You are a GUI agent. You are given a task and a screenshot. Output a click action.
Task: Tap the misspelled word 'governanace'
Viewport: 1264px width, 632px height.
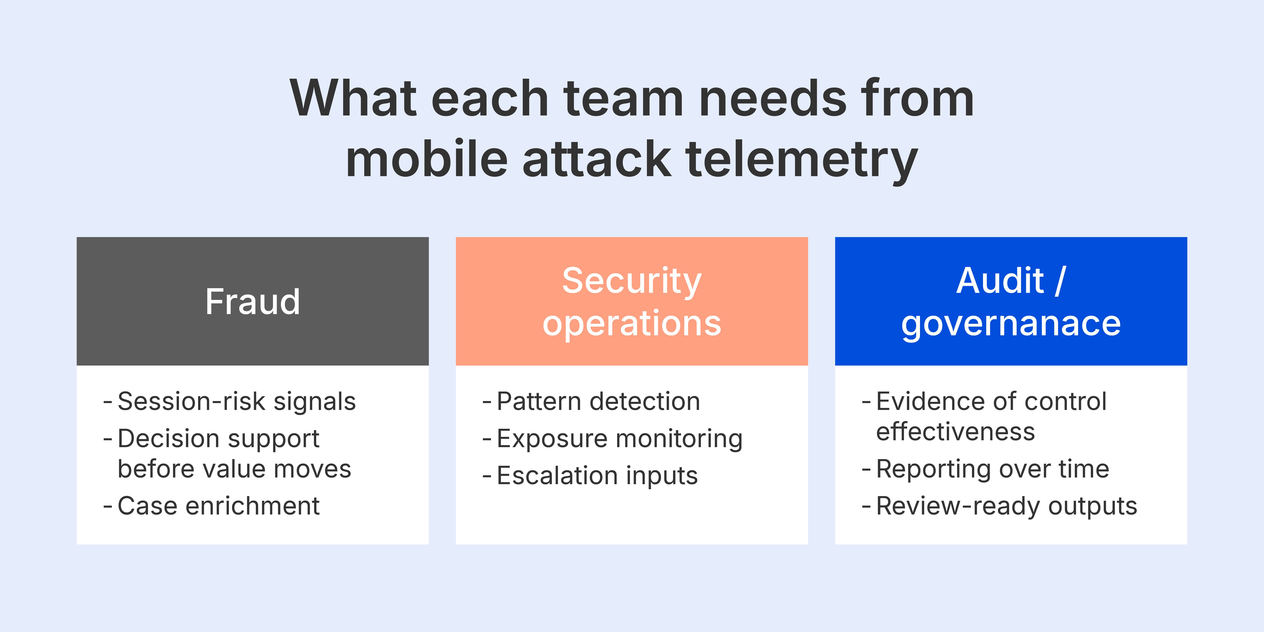point(1011,324)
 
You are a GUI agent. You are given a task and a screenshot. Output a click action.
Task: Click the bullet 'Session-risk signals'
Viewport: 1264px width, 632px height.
point(236,401)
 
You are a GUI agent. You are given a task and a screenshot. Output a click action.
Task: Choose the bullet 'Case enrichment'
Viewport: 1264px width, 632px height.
point(218,506)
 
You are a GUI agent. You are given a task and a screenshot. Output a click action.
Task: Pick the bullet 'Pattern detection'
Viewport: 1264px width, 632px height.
point(598,401)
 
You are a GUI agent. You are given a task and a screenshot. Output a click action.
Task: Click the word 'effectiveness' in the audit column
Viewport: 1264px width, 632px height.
point(955,432)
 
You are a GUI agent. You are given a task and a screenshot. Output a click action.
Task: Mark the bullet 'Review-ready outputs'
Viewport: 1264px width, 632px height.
point(1006,506)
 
